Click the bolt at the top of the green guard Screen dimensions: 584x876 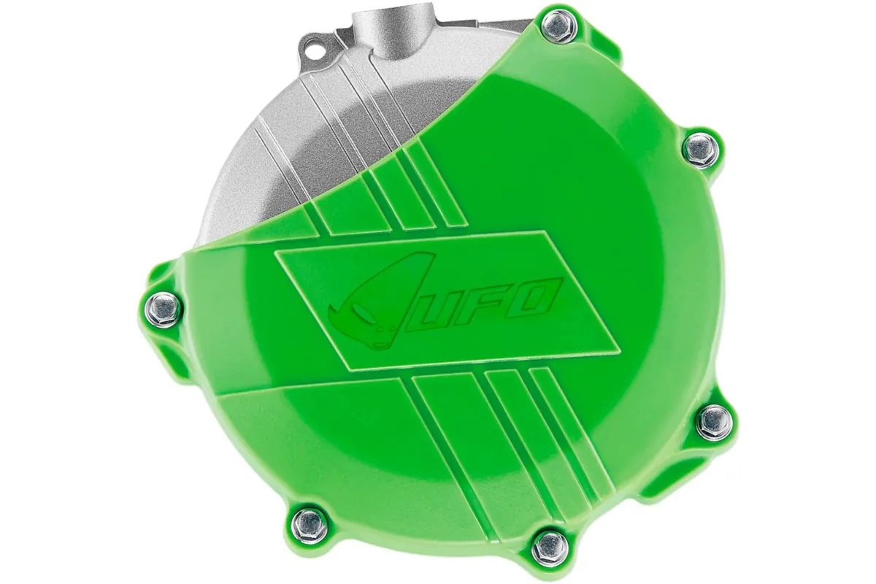(x=559, y=28)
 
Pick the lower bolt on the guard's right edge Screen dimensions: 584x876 (x=713, y=421)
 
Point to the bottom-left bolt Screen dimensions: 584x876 (x=310, y=523)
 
